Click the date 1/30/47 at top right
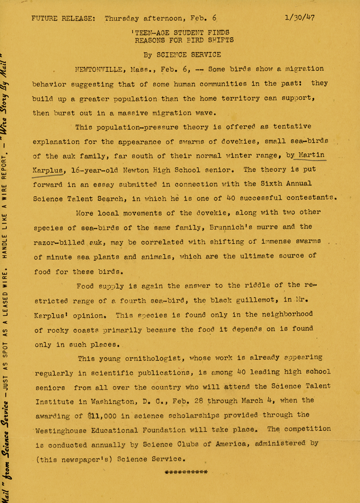(x=299, y=18)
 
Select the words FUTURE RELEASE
(x=63, y=18)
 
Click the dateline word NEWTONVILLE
(x=98, y=69)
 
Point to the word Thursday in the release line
(x=121, y=18)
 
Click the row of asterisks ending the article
(x=186, y=472)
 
